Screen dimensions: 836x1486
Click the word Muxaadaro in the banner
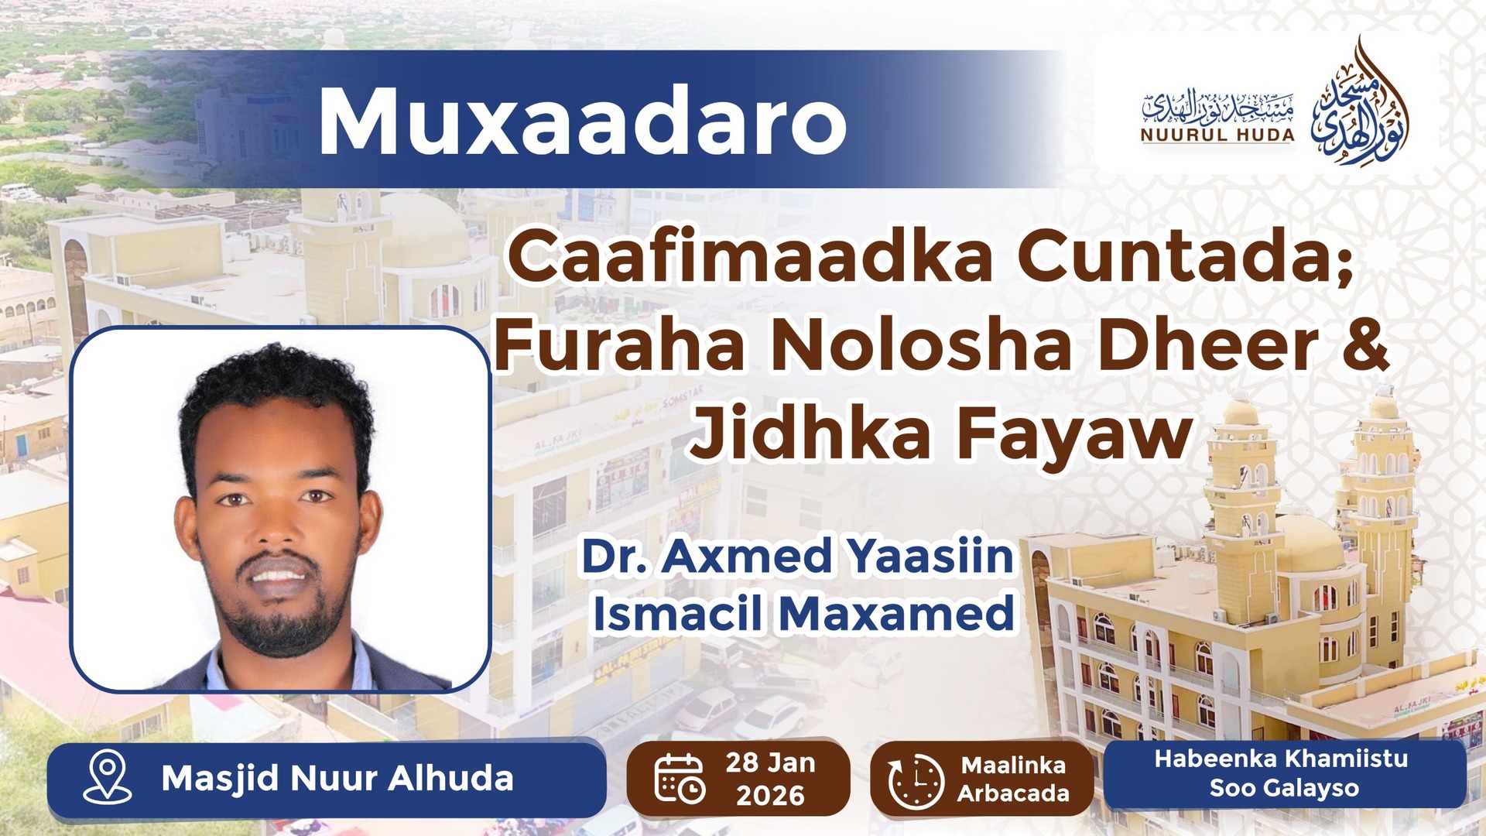point(582,122)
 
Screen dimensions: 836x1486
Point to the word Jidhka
point(810,433)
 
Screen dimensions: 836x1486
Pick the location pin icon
point(108,777)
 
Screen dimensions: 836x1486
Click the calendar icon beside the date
point(680,777)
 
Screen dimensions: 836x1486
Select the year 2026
point(770,795)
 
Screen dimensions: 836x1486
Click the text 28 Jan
point(770,762)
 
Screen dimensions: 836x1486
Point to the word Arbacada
point(1013,793)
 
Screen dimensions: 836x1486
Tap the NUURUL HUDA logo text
point(1217,135)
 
